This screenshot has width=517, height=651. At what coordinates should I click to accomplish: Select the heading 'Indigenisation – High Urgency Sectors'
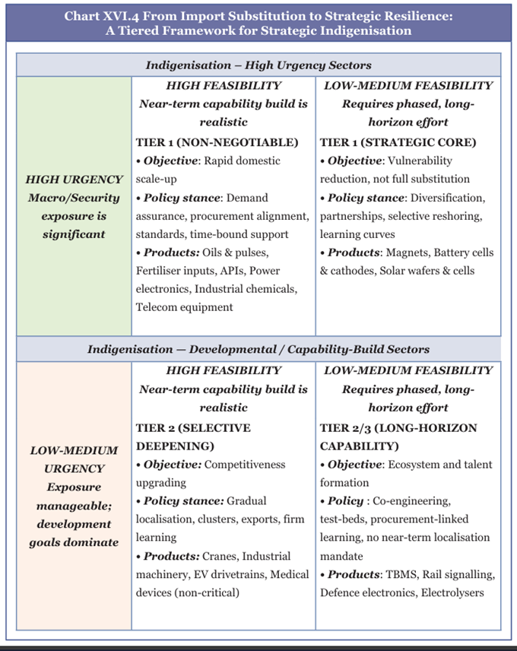(258, 65)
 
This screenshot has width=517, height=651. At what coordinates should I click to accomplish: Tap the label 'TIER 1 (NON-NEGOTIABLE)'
(217, 142)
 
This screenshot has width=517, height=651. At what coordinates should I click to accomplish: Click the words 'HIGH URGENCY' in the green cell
(74, 179)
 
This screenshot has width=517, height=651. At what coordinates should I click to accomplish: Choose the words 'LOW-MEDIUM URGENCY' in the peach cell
(74, 459)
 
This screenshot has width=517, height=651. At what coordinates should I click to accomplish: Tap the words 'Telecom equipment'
(184, 307)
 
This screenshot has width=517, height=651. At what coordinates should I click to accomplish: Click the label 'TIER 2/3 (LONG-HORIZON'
(398, 428)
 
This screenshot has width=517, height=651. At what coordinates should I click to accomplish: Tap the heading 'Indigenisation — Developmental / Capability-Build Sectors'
(258, 350)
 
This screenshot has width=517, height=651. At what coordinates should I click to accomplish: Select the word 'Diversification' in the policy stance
(446, 198)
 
